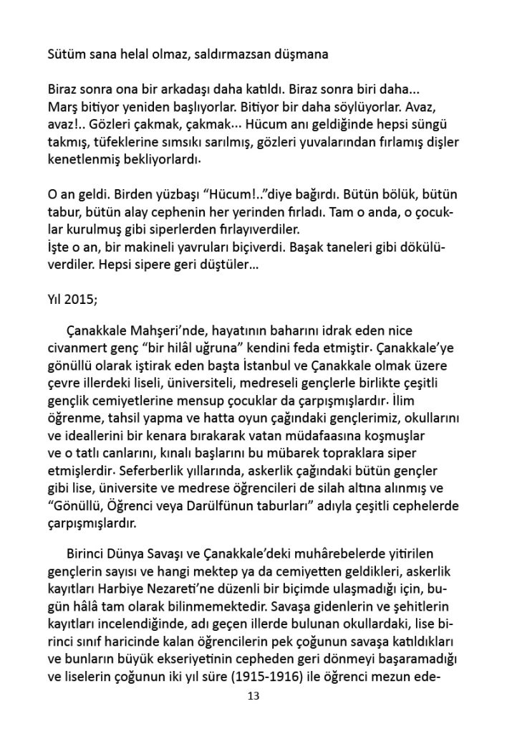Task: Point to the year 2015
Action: coord(80,300)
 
